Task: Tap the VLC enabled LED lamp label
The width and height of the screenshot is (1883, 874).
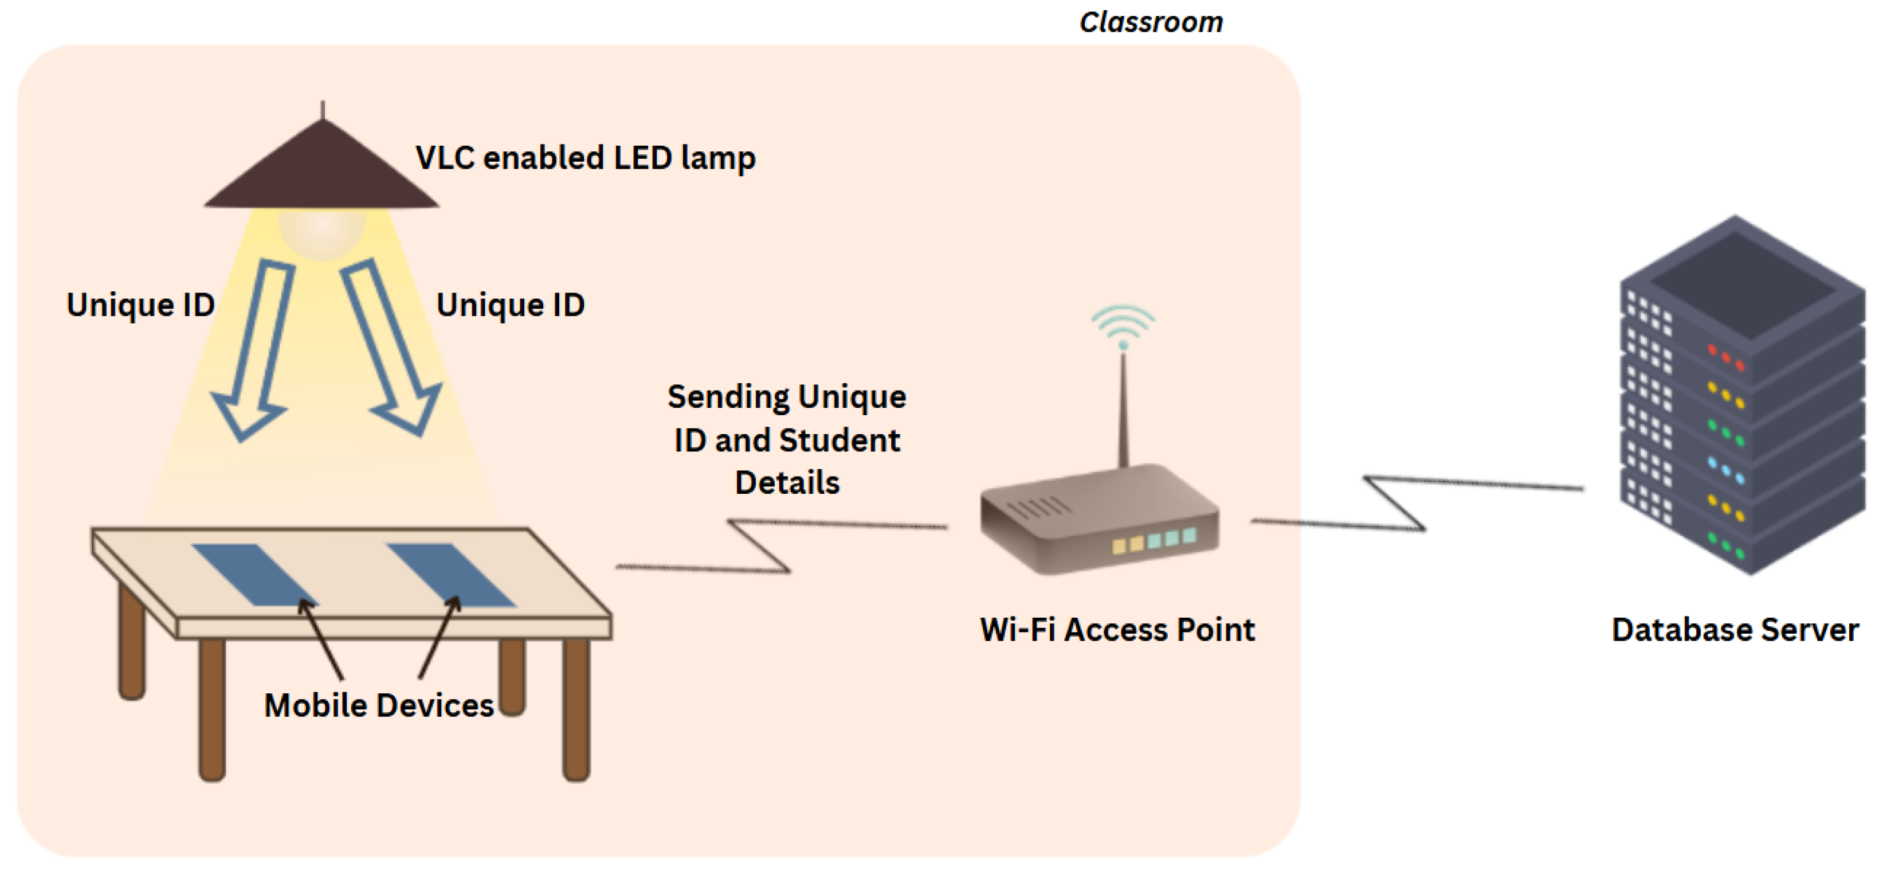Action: pyautogui.click(x=584, y=158)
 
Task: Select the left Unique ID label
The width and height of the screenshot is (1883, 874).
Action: pyautogui.click(x=140, y=305)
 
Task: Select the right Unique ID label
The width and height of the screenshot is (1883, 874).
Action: pyautogui.click(x=510, y=305)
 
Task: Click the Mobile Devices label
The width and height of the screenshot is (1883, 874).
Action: pyautogui.click(x=379, y=706)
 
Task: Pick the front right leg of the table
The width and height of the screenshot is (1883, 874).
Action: pyautogui.click(x=576, y=709)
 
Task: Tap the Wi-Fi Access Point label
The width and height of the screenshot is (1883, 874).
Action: pyautogui.click(x=1117, y=630)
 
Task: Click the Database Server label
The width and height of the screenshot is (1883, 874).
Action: pyautogui.click(x=1735, y=630)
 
